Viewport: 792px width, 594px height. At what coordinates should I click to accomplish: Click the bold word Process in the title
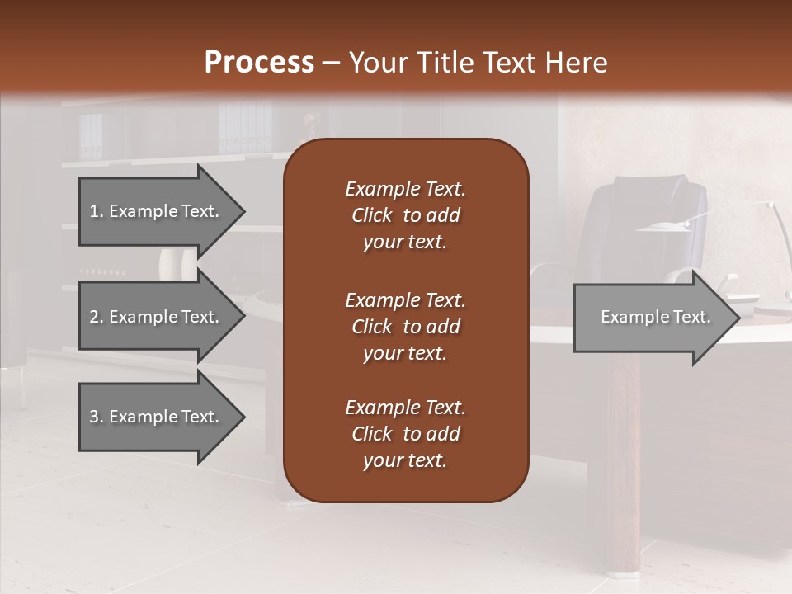(x=259, y=63)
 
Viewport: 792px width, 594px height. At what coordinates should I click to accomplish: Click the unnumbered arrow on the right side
(x=656, y=317)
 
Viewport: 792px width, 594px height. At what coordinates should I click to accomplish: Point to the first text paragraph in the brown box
(x=405, y=215)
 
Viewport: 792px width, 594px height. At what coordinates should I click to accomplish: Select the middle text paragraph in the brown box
(x=405, y=327)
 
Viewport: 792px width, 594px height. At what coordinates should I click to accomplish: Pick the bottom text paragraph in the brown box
(x=405, y=434)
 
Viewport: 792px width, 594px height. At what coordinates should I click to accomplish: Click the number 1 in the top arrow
(x=94, y=211)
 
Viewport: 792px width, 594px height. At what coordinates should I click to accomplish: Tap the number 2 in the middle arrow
(x=94, y=317)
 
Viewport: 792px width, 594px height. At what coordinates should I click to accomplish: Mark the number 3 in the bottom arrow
(x=94, y=417)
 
